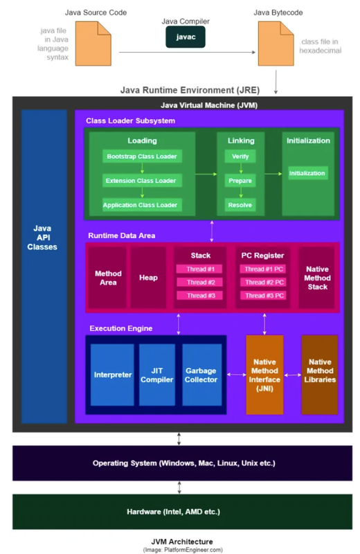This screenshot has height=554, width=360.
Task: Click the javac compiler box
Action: click(x=186, y=37)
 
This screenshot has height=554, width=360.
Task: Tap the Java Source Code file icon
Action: click(x=93, y=44)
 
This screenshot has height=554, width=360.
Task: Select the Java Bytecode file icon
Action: click(x=276, y=44)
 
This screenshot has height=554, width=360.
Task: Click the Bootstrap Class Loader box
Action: click(x=142, y=157)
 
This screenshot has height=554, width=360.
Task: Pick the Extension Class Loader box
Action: click(x=142, y=181)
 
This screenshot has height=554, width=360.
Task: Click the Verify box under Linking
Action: click(x=240, y=157)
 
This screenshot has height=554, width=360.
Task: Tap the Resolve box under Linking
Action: click(x=240, y=205)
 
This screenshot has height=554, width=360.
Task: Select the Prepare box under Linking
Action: click(x=240, y=181)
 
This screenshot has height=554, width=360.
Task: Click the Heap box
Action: click(x=148, y=278)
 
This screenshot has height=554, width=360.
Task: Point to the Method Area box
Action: click(x=108, y=278)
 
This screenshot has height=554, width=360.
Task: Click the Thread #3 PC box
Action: click(x=263, y=296)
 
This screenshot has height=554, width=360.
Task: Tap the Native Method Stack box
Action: click(x=317, y=278)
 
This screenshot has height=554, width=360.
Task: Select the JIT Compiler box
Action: click(x=157, y=375)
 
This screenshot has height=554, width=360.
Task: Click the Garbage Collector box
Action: click(x=202, y=375)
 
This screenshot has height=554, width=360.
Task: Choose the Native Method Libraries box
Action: click(x=320, y=375)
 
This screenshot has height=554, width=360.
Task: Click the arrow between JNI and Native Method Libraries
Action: click(x=293, y=375)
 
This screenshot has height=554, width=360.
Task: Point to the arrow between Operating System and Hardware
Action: click(x=179, y=488)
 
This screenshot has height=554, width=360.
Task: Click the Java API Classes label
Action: click(x=42, y=238)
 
